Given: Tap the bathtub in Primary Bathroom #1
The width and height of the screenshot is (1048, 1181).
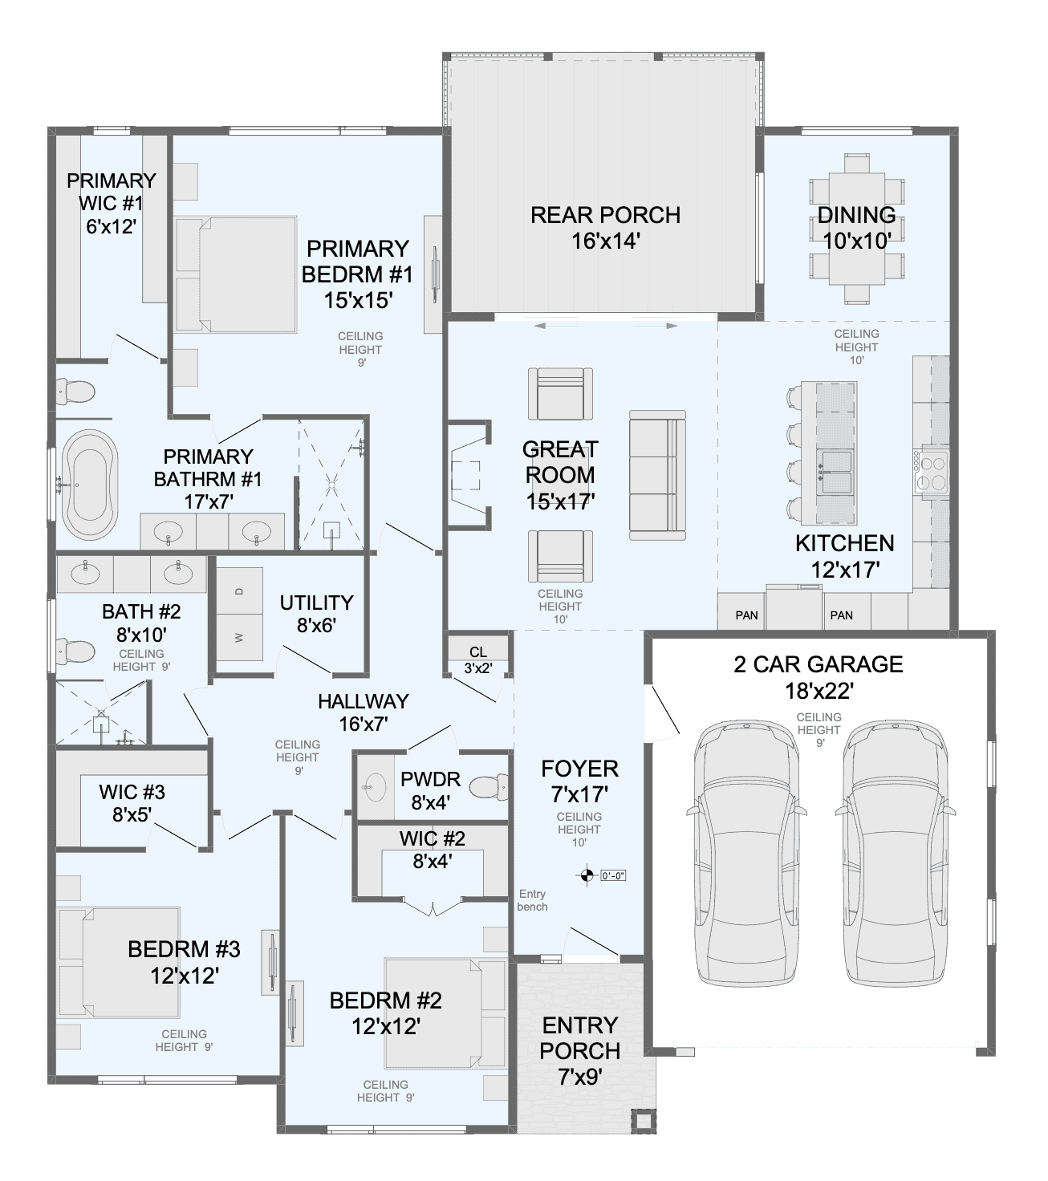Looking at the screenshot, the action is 90,485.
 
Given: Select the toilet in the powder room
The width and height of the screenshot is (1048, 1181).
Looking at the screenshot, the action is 488,787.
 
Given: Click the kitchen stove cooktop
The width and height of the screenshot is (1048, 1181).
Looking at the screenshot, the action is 932,473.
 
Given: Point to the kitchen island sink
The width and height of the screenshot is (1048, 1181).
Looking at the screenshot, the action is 835,473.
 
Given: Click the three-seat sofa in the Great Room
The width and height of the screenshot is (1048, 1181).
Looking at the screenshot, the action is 657,475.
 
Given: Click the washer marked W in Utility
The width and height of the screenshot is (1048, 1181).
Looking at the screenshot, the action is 239,637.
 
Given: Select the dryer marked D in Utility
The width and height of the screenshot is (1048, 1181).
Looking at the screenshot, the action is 239,590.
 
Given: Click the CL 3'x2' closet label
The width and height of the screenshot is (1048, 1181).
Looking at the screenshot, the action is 478,659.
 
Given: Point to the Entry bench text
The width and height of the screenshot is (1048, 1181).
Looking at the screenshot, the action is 533,900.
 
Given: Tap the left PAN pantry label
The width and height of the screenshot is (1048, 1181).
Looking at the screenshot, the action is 746,615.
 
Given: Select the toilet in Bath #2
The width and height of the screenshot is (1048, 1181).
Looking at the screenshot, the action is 75,651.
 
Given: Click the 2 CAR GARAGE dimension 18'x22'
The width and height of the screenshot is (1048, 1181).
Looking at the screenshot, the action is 818,691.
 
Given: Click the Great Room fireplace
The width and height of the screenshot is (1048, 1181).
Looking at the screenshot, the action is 469,474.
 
